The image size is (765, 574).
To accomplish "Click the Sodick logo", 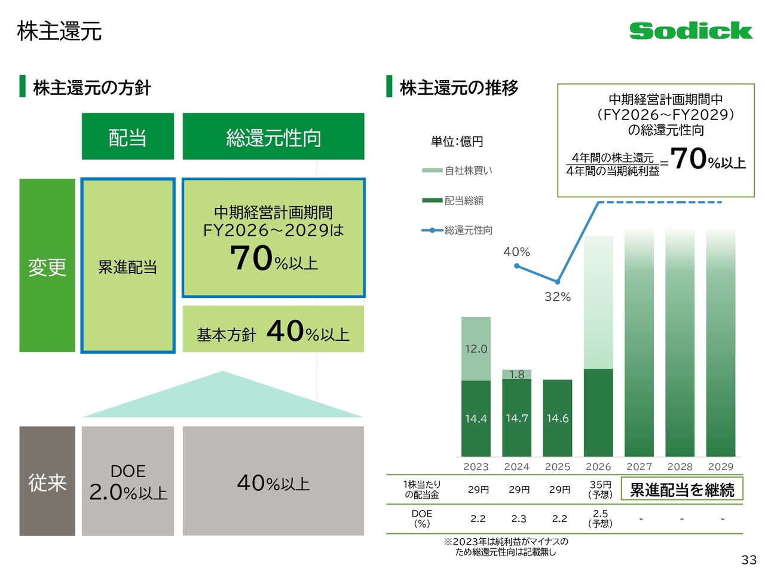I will click(x=690, y=30).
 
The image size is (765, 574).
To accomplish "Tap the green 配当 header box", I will click(x=128, y=137).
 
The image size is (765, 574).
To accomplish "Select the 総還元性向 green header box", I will click(x=273, y=137).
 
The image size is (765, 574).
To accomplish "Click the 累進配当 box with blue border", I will click(x=128, y=266).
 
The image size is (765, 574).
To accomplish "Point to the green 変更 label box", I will click(x=47, y=266).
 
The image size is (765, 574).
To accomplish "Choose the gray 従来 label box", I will click(x=47, y=481).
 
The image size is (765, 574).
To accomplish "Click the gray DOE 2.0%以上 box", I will click(x=128, y=481).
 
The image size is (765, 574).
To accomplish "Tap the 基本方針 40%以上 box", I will click(x=273, y=329).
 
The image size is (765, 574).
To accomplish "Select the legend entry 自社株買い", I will click(x=468, y=170).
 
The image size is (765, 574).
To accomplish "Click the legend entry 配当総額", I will click(x=463, y=200).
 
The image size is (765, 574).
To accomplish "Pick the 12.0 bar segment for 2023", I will click(x=476, y=349).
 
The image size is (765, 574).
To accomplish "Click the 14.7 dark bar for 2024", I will click(x=516, y=418).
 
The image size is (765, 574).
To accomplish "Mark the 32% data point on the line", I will click(x=557, y=282).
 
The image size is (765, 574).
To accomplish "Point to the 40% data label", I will click(x=516, y=252).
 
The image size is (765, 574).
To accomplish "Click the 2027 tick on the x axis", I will click(x=639, y=466).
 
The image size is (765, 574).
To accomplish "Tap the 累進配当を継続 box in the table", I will click(x=682, y=490).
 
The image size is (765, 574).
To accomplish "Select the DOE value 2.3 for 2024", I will click(x=519, y=518).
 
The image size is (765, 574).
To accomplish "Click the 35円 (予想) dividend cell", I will click(x=600, y=489).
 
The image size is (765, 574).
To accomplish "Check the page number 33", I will click(x=749, y=560).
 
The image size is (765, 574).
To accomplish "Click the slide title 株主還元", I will click(x=60, y=31).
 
